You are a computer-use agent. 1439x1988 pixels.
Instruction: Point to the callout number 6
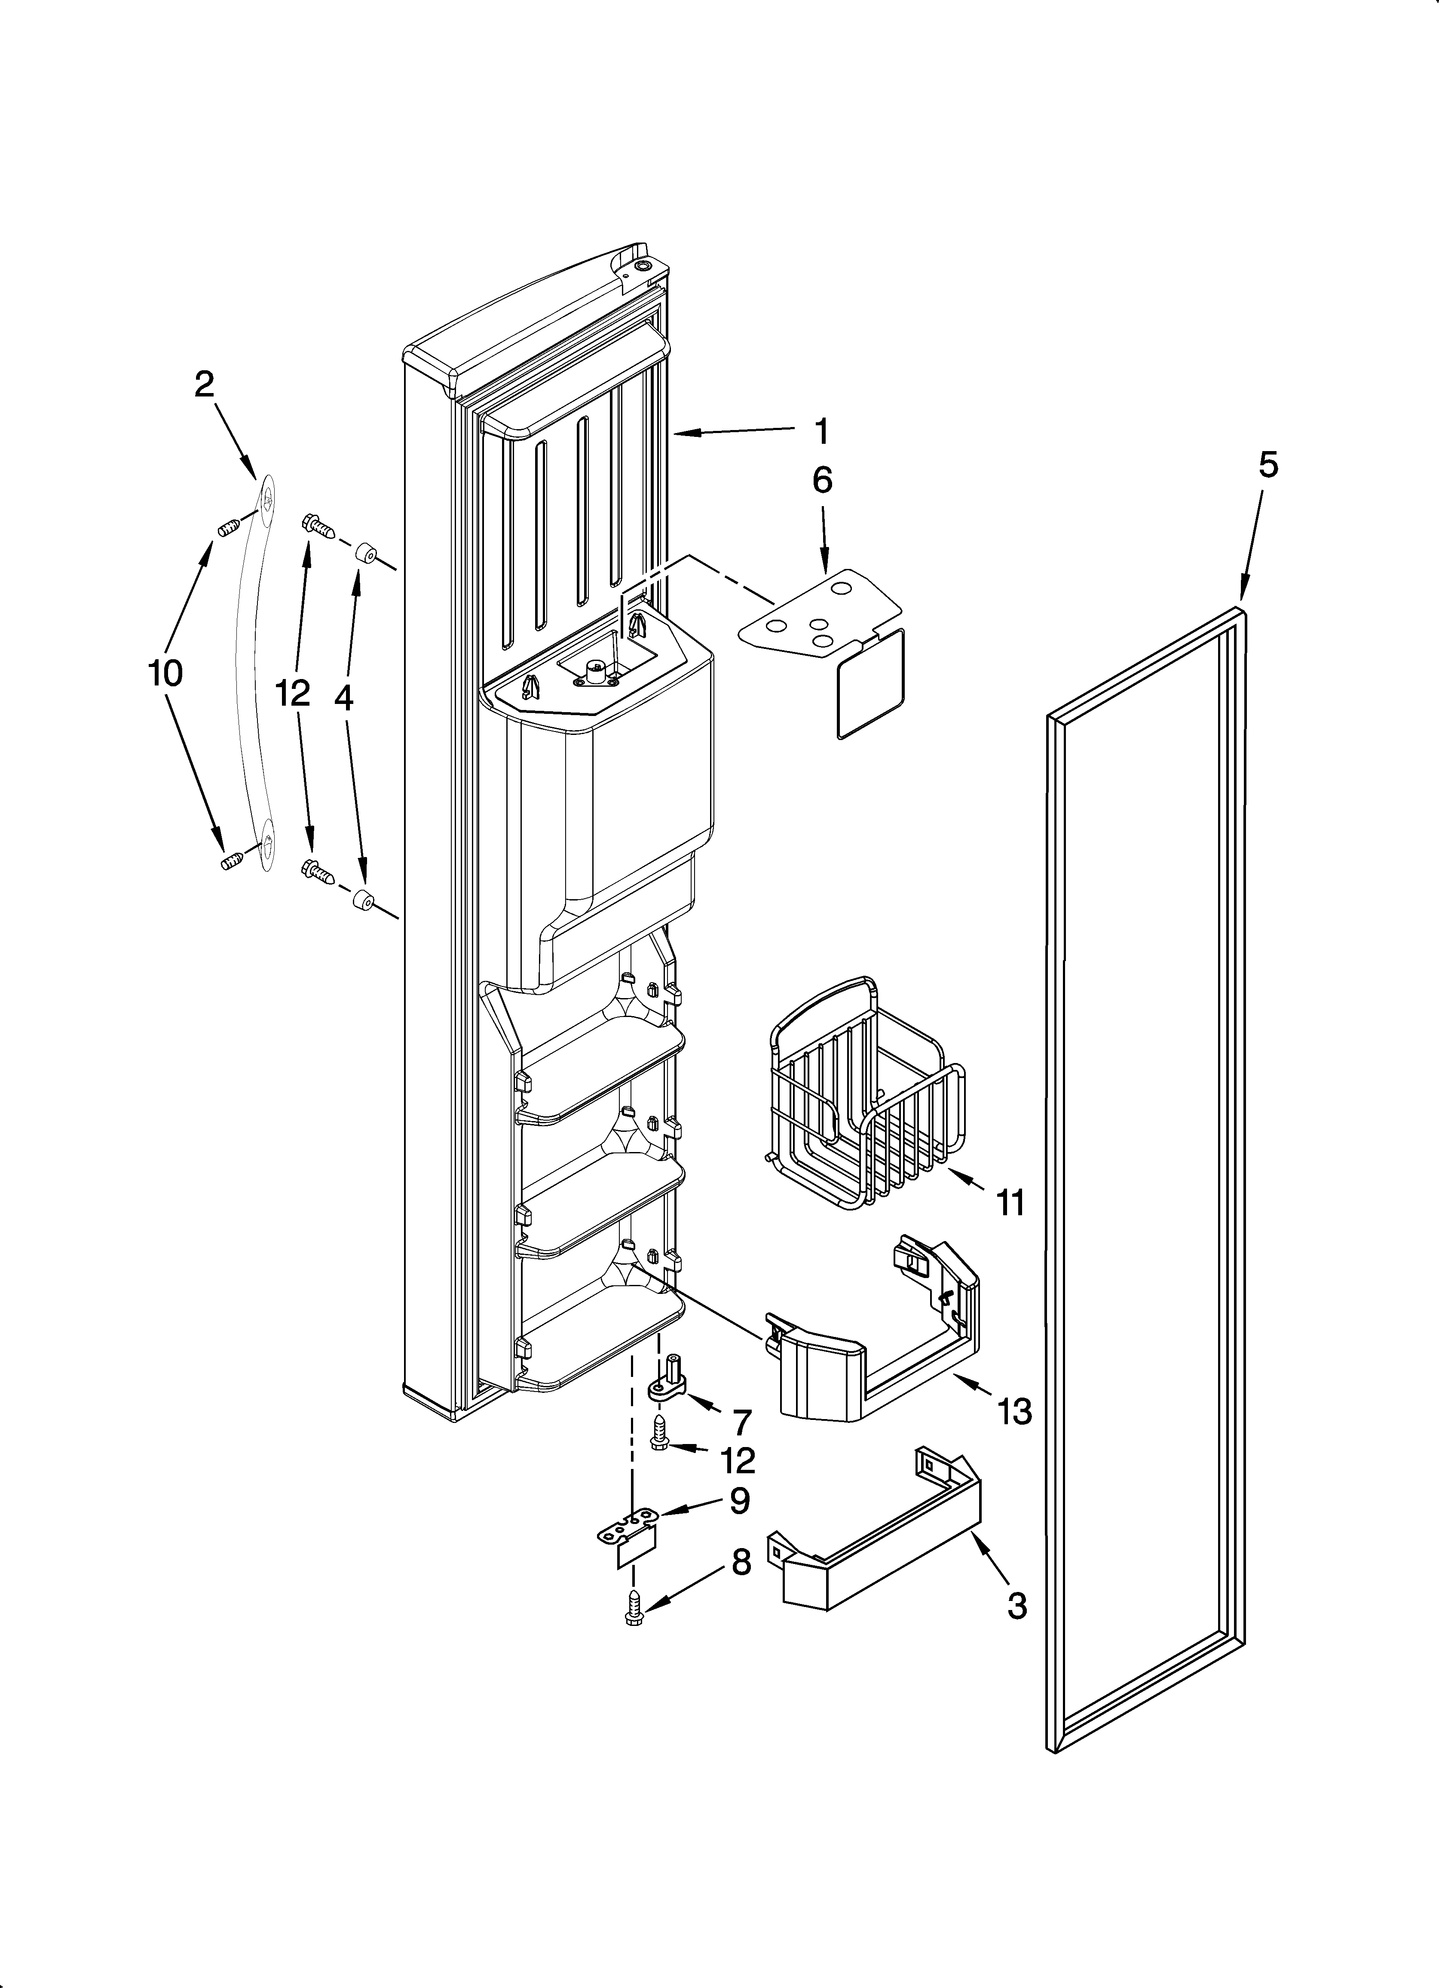click(x=822, y=480)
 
